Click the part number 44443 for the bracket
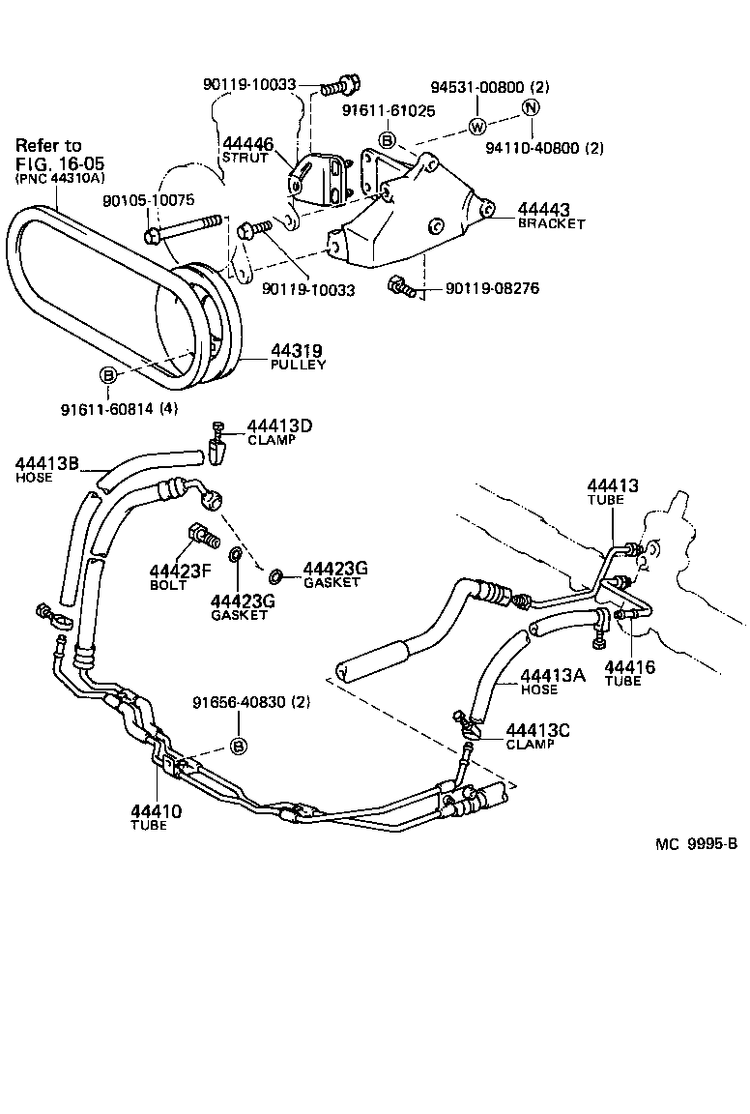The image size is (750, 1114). tap(544, 209)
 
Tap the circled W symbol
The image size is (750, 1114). tap(476, 126)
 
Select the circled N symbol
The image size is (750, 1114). tap(530, 107)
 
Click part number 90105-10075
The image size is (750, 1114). tap(148, 200)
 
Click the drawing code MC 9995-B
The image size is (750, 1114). tap(696, 843)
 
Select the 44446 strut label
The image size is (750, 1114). tap(248, 144)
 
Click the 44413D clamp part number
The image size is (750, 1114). tap(279, 425)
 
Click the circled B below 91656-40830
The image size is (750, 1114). tap(239, 746)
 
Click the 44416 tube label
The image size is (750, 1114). tap(629, 667)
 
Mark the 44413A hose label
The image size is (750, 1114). tap(553, 676)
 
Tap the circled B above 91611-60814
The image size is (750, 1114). tap(108, 376)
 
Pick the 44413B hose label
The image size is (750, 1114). tap(46, 464)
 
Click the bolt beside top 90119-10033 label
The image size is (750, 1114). tap(338, 87)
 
